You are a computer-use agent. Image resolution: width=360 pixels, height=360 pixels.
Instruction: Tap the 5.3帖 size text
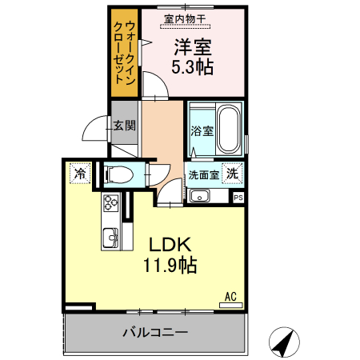[x=193, y=67]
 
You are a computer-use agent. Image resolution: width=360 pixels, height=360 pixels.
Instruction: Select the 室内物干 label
[x=184, y=18]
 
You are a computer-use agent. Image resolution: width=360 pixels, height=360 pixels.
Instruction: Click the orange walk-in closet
[x=125, y=52]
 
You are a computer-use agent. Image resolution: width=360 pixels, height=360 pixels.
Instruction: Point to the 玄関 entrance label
[x=124, y=126]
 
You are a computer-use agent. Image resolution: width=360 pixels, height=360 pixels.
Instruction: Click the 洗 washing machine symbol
[x=231, y=172]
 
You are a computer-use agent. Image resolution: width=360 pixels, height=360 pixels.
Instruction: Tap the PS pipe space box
[x=238, y=194]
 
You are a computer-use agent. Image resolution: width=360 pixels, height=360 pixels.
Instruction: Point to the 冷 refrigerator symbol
[x=80, y=172]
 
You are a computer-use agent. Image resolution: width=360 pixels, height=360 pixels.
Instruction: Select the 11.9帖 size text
[x=170, y=264]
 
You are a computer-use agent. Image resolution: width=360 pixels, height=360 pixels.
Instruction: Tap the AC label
[x=230, y=297]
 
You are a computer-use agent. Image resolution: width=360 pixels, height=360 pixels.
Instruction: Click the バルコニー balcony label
[x=155, y=331]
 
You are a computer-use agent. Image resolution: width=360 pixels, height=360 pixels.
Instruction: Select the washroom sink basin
[x=200, y=195]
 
